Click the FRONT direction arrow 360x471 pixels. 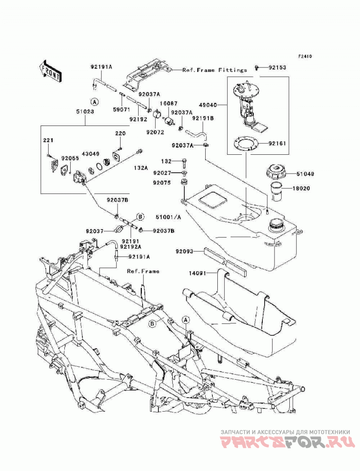50,72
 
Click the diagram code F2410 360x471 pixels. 305,56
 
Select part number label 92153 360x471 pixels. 277,67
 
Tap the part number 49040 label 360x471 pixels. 207,105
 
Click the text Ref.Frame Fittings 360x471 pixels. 215,70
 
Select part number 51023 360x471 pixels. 85,112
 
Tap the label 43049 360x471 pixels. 90,153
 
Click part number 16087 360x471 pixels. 168,103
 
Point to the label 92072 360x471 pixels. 155,132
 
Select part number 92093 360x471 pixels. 184,251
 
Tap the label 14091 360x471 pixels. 198,273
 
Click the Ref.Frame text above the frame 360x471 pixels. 143,271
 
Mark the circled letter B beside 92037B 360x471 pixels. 140,216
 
